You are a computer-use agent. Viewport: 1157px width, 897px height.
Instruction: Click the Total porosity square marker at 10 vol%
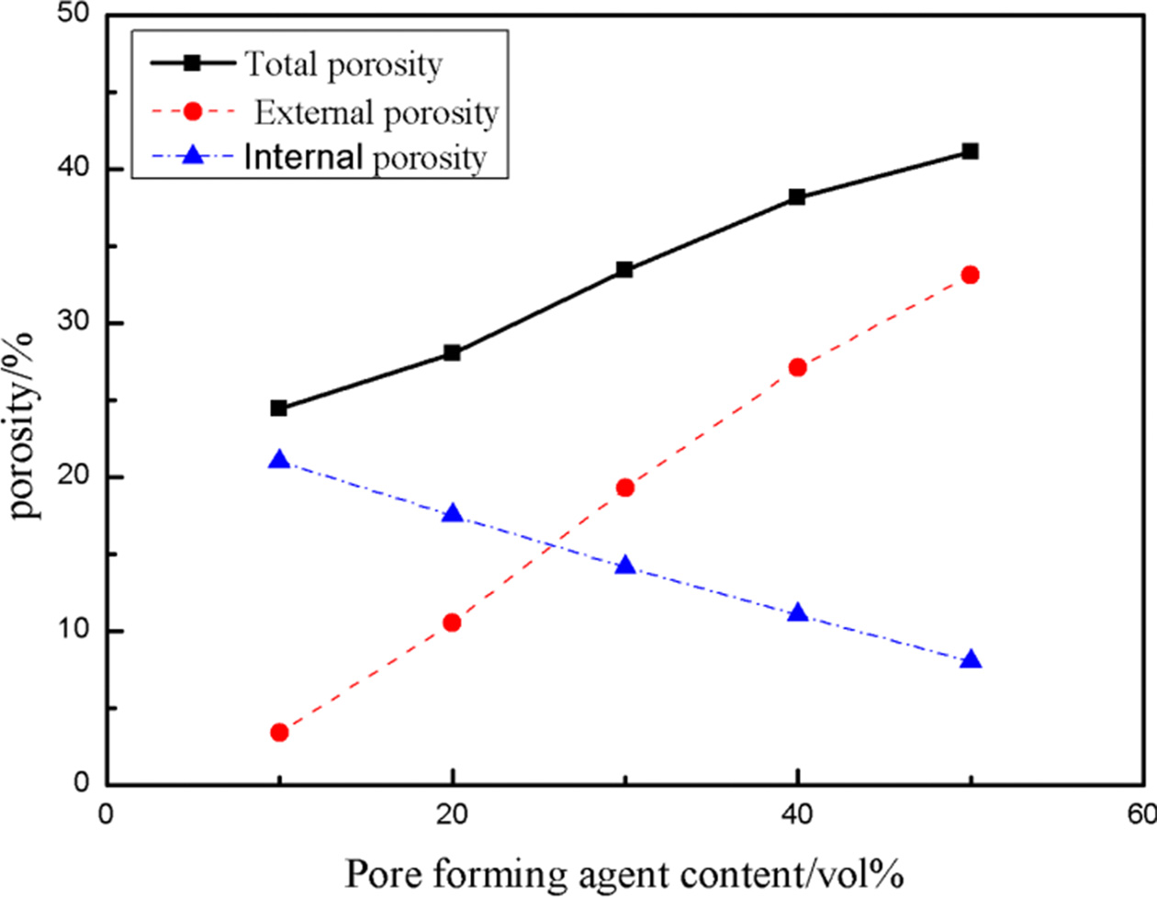tap(279, 408)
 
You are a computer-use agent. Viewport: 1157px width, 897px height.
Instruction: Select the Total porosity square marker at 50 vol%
tap(970, 151)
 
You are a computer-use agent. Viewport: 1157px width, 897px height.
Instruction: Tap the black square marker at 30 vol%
tap(624, 269)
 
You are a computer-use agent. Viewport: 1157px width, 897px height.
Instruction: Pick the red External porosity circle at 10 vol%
tap(279, 732)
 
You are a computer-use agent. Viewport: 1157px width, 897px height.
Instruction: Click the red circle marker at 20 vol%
tap(452, 622)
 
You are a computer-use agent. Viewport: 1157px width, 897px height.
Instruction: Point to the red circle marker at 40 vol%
tap(797, 367)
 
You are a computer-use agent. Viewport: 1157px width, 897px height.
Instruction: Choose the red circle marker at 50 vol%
tap(970, 275)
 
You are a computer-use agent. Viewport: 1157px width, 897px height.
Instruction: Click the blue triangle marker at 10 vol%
tap(279, 460)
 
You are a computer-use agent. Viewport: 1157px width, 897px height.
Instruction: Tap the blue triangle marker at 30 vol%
tap(624, 566)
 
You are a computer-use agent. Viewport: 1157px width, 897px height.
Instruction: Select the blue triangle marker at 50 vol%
tap(971, 660)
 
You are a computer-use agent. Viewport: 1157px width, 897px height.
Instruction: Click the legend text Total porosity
tap(343, 64)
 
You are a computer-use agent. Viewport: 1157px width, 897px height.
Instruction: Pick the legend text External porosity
tap(376, 112)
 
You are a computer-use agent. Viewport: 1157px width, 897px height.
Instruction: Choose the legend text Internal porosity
tap(365, 158)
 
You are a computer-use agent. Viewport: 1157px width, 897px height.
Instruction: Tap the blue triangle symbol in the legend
tap(193, 158)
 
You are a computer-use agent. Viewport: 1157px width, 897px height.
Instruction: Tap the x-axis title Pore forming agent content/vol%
tap(623, 873)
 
